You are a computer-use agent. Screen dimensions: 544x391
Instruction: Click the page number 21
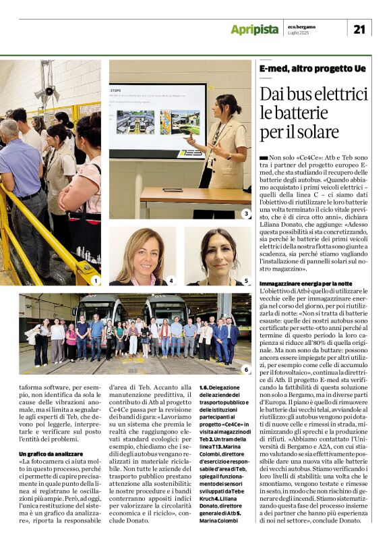tap(359, 28)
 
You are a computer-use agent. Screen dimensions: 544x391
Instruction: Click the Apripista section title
tap(254, 29)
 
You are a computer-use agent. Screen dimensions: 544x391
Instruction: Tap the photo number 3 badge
tap(246, 213)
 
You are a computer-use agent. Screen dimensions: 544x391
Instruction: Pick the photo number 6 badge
tap(246, 369)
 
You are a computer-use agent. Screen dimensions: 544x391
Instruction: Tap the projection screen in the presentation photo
tap(158, 120)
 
